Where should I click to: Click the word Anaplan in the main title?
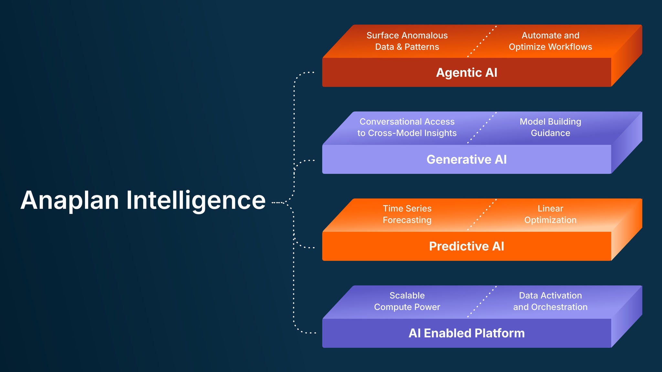tap(70, 200)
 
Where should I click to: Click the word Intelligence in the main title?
tap(196, 200)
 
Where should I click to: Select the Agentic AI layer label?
tap(466, 73)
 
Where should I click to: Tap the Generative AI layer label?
tap(466, 160)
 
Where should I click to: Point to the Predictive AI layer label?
tap(466, 246)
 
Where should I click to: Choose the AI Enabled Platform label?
tap(466, 333)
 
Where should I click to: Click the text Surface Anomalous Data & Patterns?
tap(407, 41)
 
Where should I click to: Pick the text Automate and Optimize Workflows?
tap(550, 41)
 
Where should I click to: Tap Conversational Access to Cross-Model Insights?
tap(407, 127)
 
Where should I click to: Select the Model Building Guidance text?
tap(550, 127)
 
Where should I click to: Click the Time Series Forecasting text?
tap(407, 214)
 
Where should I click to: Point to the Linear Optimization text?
tap(550, 214)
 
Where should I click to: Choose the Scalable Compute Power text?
tap(407, 301)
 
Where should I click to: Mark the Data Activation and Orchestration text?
tap(550, 301)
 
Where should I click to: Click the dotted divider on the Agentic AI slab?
tap(482, 41)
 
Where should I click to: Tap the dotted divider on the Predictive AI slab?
tap(482, 215)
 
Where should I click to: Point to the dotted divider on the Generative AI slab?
tap(482, 128)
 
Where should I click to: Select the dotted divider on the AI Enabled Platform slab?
tap(482, 302)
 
